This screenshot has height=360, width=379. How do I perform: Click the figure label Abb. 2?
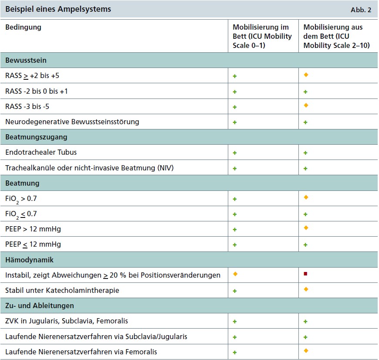click(x=361, y=10)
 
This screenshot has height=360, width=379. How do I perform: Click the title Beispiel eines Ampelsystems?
click(x=58, y=9)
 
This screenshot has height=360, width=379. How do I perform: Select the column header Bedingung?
click(x=23, y=27)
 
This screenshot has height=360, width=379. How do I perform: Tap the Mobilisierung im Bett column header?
click(x=262, y=36)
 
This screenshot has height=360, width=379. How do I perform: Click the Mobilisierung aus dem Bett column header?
click(x=333, y=36)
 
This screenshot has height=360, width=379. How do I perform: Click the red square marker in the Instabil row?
click(x=306, y=274)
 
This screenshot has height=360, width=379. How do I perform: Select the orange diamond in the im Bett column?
click(x=235, y=274)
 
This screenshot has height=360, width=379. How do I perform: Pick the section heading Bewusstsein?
click(x=26, y=60)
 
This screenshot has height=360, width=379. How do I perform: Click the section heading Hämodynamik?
click(x=29, y=260)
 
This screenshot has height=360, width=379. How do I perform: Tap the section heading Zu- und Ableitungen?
click(x=40, y=306)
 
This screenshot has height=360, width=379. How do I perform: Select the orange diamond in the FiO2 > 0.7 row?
click(x=306, y=197)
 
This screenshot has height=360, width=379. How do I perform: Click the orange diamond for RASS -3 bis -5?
click(x=306, y=105)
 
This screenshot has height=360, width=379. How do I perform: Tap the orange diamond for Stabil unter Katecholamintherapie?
click(x=306, y=289)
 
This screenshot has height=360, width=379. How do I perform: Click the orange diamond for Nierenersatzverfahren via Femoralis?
click(x=306, y=350)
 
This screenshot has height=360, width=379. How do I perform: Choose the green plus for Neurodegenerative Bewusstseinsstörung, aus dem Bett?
click(x=305, y=122)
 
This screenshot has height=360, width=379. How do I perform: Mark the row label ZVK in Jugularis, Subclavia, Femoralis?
click(x=67, y=321)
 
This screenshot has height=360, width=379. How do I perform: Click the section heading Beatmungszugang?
click(x=36, y=137)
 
